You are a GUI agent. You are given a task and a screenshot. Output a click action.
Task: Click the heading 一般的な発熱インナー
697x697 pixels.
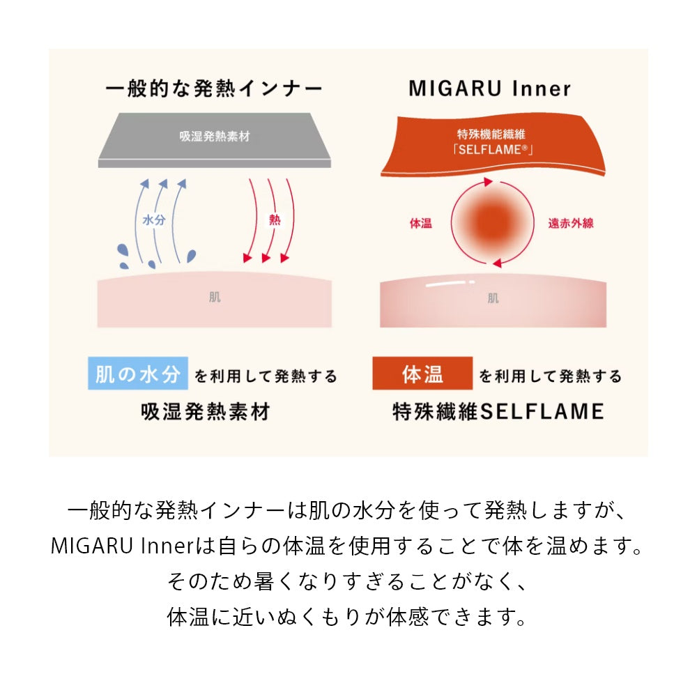(x=214, y=89)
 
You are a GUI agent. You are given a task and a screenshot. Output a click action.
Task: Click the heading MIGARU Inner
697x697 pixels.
(x=489, y=89)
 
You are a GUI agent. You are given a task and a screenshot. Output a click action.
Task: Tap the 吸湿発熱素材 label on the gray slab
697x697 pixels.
(x=215, y=137)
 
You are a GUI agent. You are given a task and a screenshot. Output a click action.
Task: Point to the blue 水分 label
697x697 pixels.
(x=154, y=220)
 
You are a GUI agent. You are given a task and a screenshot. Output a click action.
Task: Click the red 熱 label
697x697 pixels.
(x=275, y=220)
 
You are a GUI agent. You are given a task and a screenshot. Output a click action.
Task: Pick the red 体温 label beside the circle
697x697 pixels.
(x=420, y=223)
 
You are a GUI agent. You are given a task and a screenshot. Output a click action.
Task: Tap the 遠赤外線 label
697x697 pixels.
(x=571, y=223)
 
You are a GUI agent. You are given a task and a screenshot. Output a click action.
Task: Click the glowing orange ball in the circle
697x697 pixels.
(x=492, y=223)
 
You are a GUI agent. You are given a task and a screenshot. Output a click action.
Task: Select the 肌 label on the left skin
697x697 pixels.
(x=215, y=297)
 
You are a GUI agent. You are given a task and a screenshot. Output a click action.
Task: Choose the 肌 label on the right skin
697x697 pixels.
(x=493, y=298)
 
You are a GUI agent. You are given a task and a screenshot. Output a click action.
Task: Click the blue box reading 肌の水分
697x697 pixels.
(x=138, y=374)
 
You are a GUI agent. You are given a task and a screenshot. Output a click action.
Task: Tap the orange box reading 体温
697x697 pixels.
(x=422, y=374)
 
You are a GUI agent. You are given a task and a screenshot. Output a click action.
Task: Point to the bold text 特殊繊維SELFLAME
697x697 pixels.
(x=498, y=412)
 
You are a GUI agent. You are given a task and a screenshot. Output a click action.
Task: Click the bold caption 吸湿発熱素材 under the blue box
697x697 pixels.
(x=206, y=412)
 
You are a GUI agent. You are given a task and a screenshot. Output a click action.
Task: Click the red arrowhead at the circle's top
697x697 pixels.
(x=489, y=182)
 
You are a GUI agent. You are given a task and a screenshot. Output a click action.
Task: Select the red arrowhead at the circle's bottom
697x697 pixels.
(x=498, y=263)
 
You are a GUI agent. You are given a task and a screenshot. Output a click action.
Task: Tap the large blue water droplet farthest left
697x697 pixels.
(x=122, y=250)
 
